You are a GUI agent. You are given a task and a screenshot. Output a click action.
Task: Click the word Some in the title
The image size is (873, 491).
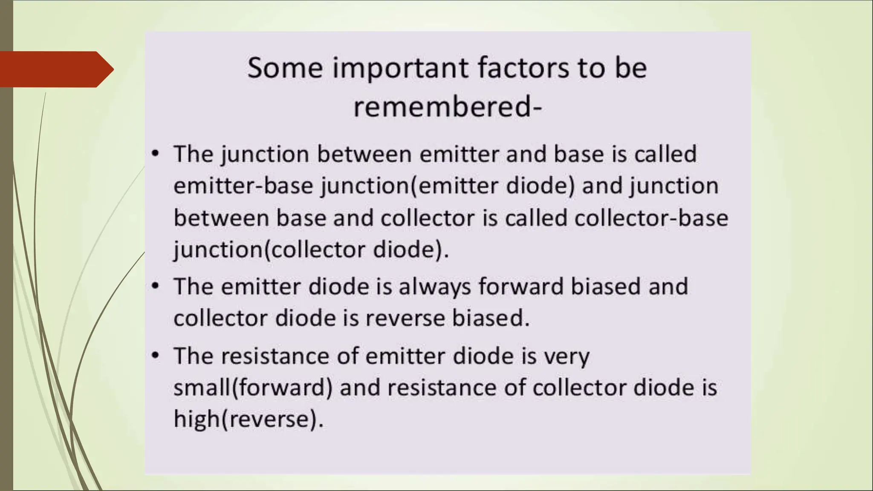pos(285,68)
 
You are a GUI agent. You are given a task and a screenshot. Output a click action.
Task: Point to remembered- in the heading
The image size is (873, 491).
pos(448,107)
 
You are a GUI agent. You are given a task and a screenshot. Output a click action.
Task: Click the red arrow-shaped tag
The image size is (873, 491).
pos(55,69)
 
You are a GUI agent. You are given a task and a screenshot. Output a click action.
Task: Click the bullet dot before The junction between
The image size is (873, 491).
pos(156,153)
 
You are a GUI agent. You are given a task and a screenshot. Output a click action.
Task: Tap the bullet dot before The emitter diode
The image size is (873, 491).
pos(156,285)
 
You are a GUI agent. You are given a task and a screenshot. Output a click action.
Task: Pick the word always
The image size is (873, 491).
pos(435,286)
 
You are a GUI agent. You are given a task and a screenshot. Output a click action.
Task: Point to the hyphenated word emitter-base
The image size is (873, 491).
pos(243,186)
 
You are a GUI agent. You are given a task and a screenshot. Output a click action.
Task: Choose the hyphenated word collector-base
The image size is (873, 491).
pos(651,218)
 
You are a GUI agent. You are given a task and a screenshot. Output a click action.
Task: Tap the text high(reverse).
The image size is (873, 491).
pos(249,419)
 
